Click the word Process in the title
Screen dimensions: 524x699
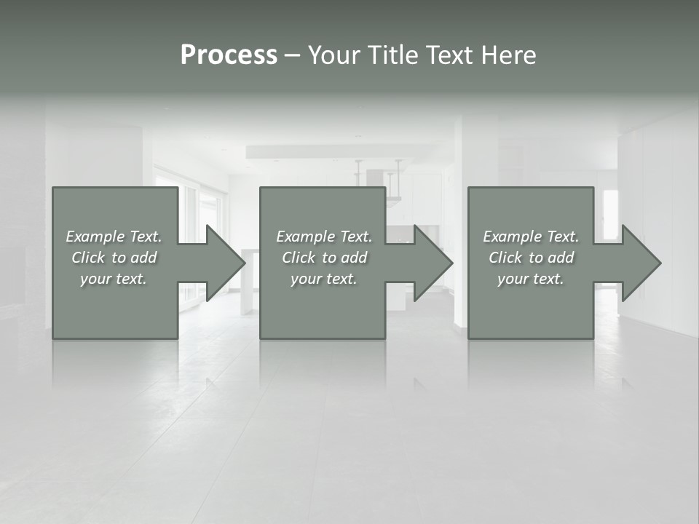[x=229, y=55]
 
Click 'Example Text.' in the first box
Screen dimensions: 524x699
[x=114, y=237]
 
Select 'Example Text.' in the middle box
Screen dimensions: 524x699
[x=324, y=237]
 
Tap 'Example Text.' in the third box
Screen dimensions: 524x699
[x=531, y=237]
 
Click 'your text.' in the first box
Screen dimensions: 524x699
[x=114, y=279]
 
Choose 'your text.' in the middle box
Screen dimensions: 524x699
[x=324, y=279]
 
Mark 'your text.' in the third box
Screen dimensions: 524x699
[x=531, y=279]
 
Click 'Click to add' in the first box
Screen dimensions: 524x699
[x=114, y=258]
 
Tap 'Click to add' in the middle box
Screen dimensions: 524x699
[x=324, y=258]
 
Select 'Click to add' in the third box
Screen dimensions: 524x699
[x=531, y=258]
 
